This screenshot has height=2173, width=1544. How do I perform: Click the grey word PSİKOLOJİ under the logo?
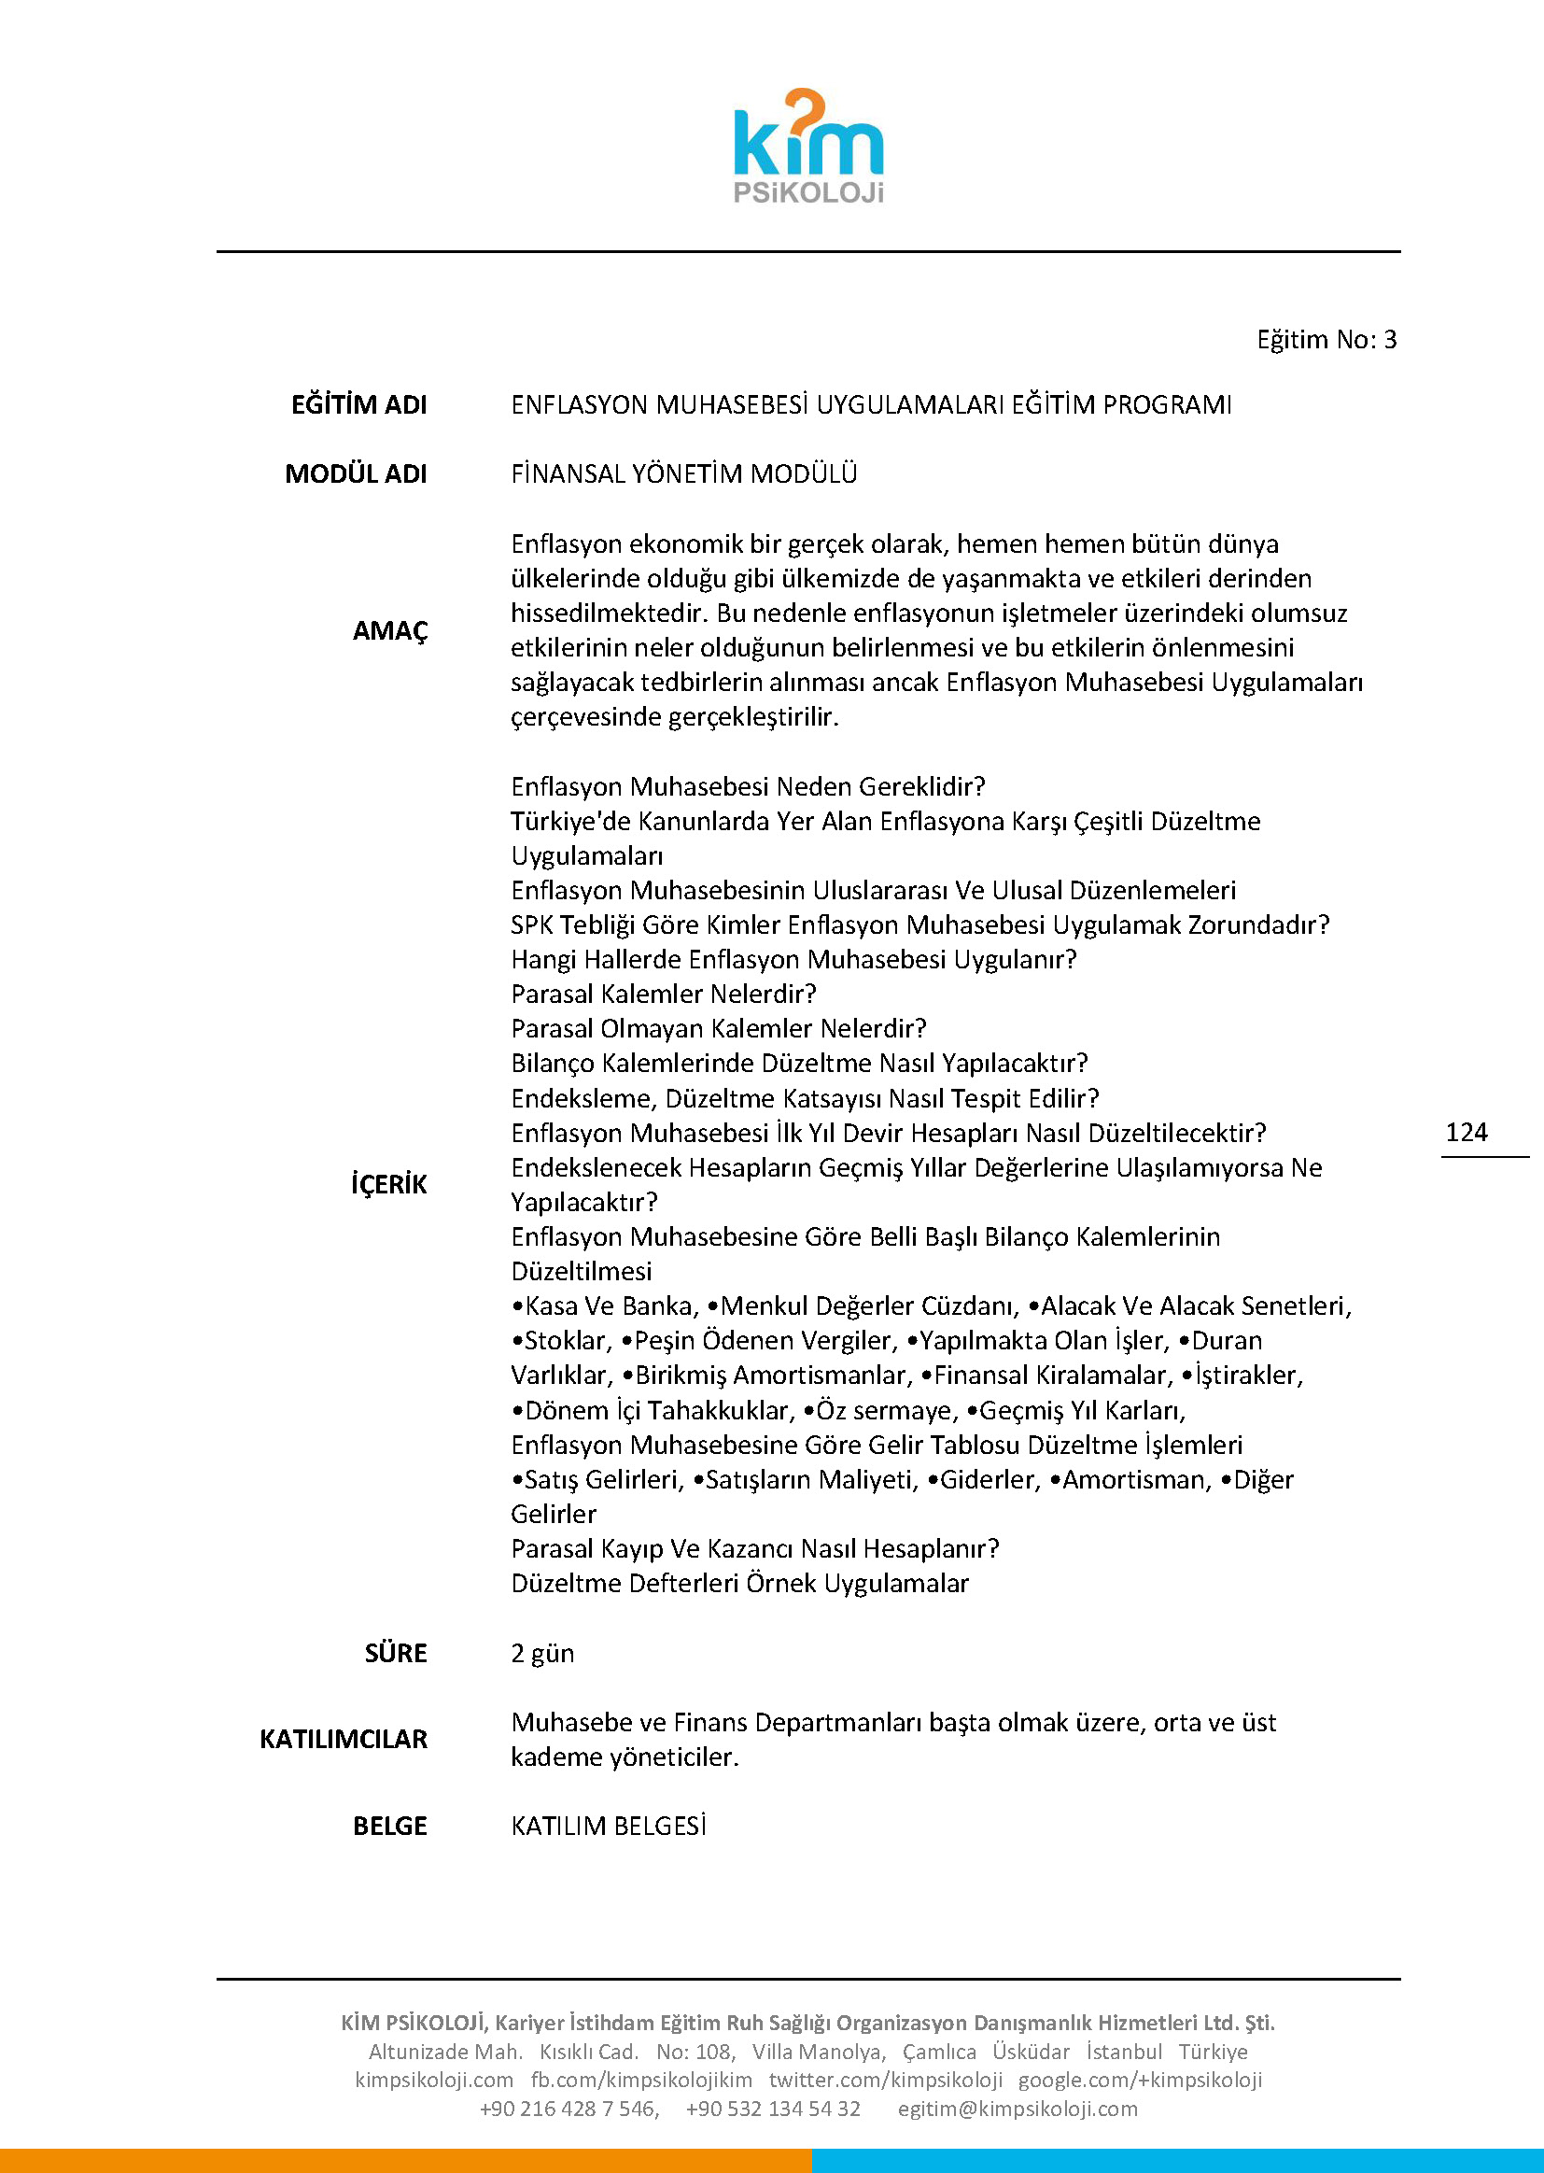pyautogui.click(x=808, y=193)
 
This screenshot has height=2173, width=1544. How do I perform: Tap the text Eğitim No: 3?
pyautogui.click(x=1326, y=340)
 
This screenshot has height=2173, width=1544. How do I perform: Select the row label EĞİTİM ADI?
pyautogui.click(x=358, y=405)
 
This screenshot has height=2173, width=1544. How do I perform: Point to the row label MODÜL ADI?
pyautogui.click(x=356, y=473)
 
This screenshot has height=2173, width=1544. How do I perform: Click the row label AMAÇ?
pyautogui.click(x=390, y=630)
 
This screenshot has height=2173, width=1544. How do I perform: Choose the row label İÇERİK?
pyautogui.click(x=389, y=1184)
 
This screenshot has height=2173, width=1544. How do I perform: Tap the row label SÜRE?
pyautogui.click(x=396, y=1653)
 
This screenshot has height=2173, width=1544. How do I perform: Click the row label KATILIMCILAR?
pyautogui.click(x=344, y=1740)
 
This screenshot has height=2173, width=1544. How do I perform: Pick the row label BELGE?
pyautogui.click(x=390, y=1826)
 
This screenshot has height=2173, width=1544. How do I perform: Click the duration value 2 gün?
pyautogui.click(x=542, y=1653)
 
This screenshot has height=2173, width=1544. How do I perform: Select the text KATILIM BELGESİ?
pyautogui.click(x=609, y=1826)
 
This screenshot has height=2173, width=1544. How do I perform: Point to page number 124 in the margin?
pyautogui.click(x=1466, y=1132)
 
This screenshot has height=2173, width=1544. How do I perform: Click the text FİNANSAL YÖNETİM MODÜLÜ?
pyautogui.click(x=683, y=473)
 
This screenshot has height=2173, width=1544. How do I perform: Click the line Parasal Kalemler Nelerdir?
pyautogui.click(x=664, y=994)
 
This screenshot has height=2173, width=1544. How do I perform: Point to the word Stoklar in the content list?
pyautogui.click(x=566, y=1341)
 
